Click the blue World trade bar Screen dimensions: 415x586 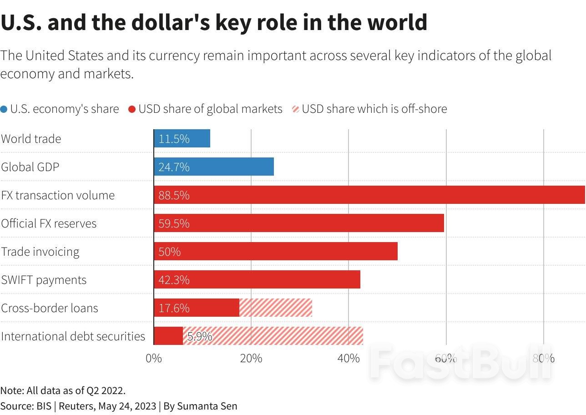pyautogui.click(x=182, y=138)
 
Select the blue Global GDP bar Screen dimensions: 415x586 pyautogui.click(x=214, y=167)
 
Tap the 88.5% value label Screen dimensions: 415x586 pyautogui.click(x=174, y=195)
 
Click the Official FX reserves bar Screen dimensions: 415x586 pyautogui.click(x=298, y=223)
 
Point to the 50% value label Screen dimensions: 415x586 pyautogui.click(x=169, y=252)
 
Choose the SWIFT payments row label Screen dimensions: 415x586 pyautogui.click(x=44, y=280)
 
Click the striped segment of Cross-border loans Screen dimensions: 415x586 pyautogui.click(x=276, y=308)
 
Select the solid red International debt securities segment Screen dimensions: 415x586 pyautogui.click(x=168, y=336)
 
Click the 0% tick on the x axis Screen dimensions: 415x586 pyautogui.click(x=154, y=358)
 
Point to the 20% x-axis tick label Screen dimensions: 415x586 pyautogui.click(x=251, y=358)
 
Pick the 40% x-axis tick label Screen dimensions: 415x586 pyautogui.click(x=349, y=358)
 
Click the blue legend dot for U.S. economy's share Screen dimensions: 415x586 pyautogui.click(x=4, y=109)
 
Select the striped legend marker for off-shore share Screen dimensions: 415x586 pyautogui.click(x=296, y=109)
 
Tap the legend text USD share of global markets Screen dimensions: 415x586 pyautogui.click(x=210, y=109)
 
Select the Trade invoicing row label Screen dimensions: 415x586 pyautogui.click(x=40, y=252)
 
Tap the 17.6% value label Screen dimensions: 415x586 pyautogui.click(x=174, y=308)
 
